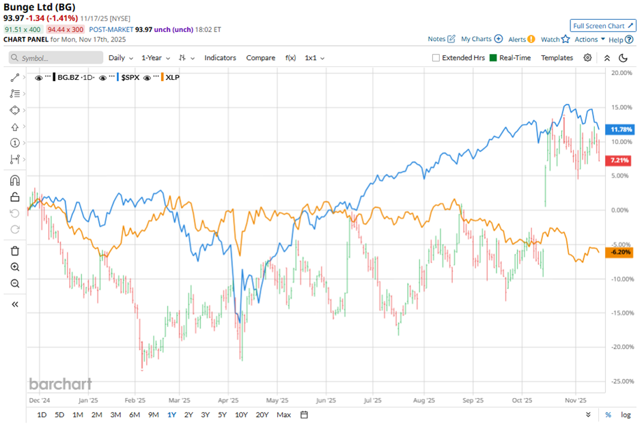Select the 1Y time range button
click(171, 414)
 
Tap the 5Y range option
click(222, 414)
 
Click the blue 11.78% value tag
click(622, 129)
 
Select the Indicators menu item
click(220, 58)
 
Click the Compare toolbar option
click(260, 58)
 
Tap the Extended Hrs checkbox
click(436, 58)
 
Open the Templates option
click(557, 58)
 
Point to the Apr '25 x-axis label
click(229, 401)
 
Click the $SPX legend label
click(130, 78)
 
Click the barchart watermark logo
click(60, 384)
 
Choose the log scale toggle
click(626, 414)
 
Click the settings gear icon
click(587, 58)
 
